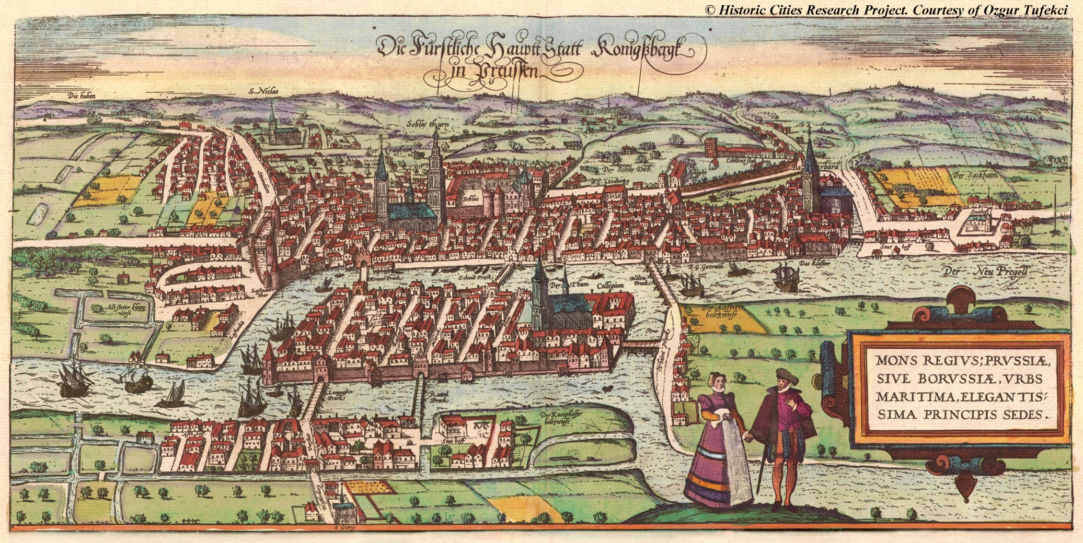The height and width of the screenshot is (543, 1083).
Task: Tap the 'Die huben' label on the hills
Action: point(80,96)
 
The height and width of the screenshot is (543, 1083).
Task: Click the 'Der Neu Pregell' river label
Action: point(985,271)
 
